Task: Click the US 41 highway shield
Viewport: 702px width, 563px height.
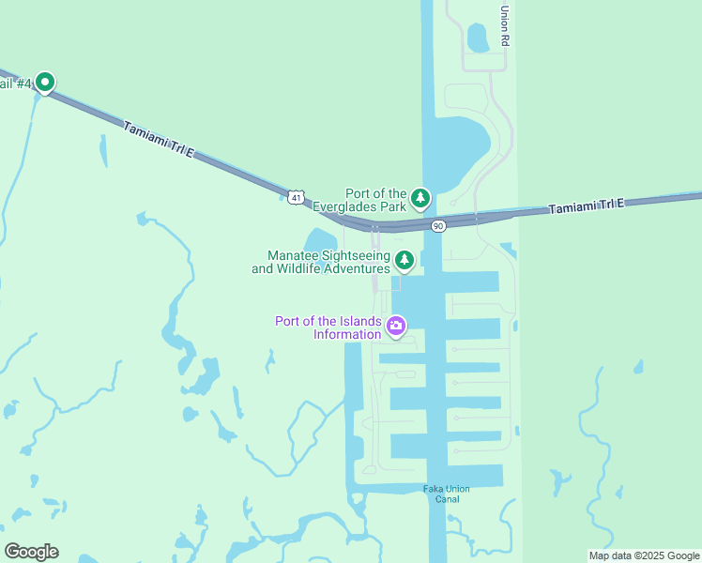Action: pos(297,197)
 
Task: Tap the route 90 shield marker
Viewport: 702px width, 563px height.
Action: pos(438,226)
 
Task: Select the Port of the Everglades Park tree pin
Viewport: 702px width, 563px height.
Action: pos(420,198)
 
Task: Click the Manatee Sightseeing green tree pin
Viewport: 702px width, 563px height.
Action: pos(404,260)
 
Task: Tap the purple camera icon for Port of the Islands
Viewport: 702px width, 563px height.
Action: pos(396,326)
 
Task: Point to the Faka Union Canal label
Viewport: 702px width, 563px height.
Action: pos(446,494)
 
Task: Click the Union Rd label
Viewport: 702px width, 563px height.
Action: pos(505,26)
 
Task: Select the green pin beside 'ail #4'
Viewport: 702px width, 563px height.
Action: pos(44,83)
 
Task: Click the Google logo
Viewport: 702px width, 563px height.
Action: pos(31,552)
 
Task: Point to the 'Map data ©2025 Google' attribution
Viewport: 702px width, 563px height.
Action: pos(644,555)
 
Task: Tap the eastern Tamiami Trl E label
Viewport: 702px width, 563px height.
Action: pos(587,205)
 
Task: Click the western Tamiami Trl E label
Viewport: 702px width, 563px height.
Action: pos(157,136)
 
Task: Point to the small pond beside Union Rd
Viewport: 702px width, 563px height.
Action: pos(478,38)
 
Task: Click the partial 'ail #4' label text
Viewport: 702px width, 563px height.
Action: pos(16,84)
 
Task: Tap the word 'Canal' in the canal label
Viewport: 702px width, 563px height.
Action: pos(446,499)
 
